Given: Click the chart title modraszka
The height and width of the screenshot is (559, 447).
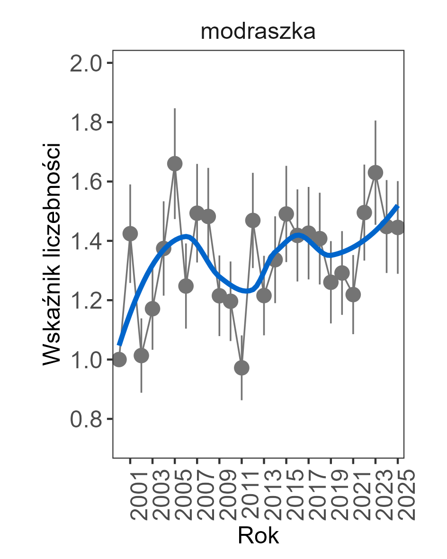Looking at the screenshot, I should click(258, 32).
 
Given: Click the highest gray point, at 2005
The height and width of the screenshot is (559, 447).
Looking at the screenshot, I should click(175, 164).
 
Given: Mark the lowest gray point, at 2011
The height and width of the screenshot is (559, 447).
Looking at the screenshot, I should click(241, 368).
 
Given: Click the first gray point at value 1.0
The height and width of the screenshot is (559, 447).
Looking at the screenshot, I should click(119, 359).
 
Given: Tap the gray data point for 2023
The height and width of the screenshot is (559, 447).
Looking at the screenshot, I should click(375, 173).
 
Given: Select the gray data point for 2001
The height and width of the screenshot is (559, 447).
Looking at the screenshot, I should click(130, 233).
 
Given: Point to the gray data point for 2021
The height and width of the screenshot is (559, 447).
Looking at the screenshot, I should click(353, 294).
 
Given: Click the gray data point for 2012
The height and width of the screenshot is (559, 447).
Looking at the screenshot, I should click(253, 220).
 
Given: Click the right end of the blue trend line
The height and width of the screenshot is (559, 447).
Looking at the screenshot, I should click(398, 206).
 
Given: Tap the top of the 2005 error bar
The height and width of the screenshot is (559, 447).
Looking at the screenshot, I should click(175, 109).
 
